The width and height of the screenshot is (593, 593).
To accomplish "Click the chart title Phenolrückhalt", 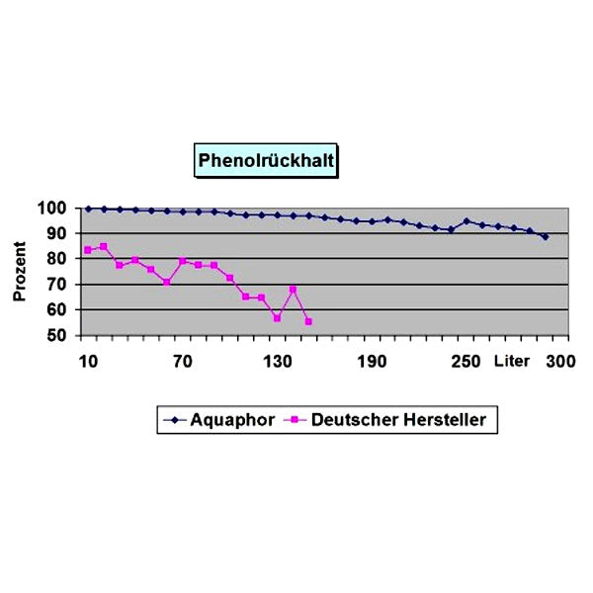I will [265, 158].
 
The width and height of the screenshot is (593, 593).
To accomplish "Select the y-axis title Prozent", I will [20, 273].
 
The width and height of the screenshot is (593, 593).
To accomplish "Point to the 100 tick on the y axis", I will [51, 209].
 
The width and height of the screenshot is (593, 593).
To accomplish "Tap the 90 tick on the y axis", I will [55, 234].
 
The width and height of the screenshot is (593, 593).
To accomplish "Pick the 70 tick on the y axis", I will [55, 285].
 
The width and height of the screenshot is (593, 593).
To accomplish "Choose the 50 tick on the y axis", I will [55, 336].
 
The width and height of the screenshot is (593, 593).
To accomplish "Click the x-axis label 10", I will [88, 361].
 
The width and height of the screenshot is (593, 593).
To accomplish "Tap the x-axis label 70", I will [182, 361].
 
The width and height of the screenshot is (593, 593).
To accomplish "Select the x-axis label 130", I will [277, 361].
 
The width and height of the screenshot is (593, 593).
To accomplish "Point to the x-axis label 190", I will [372, 361].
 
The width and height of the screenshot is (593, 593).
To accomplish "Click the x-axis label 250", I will [466, 361].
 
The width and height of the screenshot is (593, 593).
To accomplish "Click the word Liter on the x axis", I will [513, 361].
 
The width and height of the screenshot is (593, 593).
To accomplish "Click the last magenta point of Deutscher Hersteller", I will [308, 321].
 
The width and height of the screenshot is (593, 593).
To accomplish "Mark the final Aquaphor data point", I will [545, 236].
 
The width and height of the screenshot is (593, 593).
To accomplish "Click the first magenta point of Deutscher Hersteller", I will [88, 250].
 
